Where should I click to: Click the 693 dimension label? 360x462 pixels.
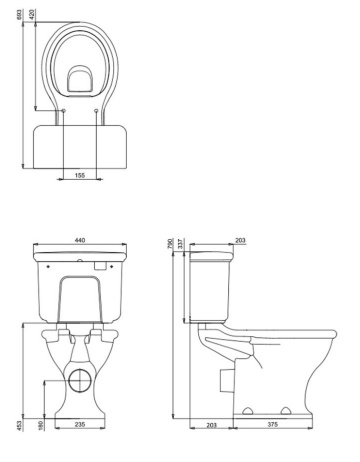[19, 15]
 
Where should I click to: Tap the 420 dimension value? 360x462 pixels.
[32, 15]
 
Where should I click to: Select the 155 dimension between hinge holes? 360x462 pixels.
[80, 175]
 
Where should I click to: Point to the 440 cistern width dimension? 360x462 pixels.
[80, 240]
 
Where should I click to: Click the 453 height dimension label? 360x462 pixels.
[19, 426]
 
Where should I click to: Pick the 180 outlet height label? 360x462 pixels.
[41, 426]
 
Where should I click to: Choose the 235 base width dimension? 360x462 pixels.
[80, 424]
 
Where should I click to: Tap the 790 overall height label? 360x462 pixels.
[170, 244]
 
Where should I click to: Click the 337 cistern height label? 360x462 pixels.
[181, 244]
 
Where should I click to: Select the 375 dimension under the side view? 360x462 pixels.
[273, 424]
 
